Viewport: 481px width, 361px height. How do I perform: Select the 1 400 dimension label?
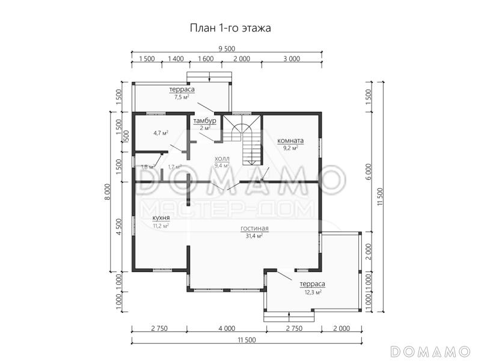[176, 58]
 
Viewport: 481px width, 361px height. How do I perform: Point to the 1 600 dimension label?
[205, 58]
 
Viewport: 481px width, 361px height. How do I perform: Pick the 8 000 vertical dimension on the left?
[106, 191]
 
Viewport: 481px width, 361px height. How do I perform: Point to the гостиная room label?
[254, 229]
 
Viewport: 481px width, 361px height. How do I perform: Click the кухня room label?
[161, 218]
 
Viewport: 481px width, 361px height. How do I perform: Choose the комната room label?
[290, 141]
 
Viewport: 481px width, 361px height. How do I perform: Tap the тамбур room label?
[204, 121]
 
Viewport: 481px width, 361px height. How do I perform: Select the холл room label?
[222, 158]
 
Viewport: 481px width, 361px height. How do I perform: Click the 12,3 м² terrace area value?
[311, 292]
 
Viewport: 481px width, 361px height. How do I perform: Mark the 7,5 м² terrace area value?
[182, 96]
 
